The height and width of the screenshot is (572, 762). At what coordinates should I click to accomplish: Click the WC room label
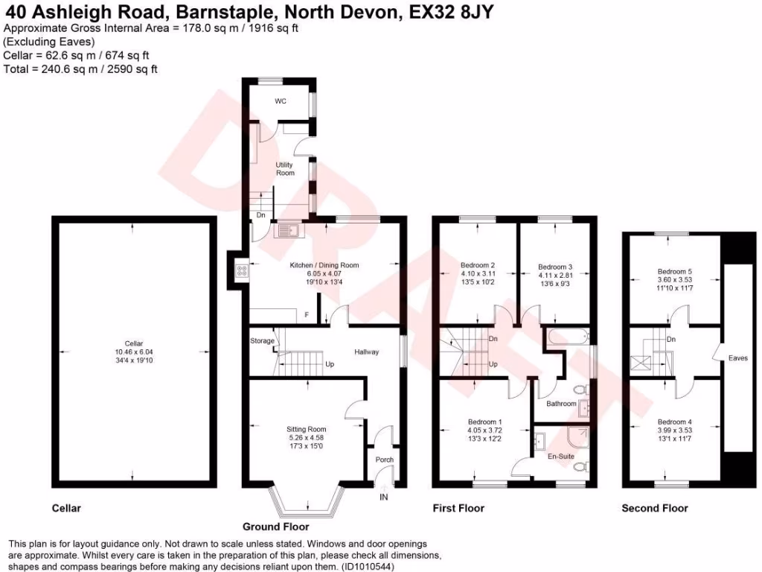point(281,101)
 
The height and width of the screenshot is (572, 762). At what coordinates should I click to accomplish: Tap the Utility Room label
point(285,169)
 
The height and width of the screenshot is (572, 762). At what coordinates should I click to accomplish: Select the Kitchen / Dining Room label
point(324,265)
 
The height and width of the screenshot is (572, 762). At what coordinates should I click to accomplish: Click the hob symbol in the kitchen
point(241,271)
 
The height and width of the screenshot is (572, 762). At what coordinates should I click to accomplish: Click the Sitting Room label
point(307,429)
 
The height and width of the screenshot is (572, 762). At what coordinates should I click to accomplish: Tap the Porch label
point(384,460)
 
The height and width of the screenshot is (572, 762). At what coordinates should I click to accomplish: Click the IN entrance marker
point(384,497)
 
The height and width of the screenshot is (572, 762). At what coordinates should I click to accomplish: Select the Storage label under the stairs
point(262,341)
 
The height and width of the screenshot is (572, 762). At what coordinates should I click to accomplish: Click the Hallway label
point(366,352)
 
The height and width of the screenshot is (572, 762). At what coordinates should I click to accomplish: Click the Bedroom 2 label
point(478,266)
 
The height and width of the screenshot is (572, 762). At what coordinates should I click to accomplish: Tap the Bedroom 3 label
point(555,267)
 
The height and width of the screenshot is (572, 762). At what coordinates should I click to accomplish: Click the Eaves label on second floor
point(737,358)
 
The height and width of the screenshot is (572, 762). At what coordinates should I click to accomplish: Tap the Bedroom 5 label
point(674,272)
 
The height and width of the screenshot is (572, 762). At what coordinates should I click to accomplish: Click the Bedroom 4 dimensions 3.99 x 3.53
point(674,430)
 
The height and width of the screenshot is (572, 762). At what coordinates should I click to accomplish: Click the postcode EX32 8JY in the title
point(453,13)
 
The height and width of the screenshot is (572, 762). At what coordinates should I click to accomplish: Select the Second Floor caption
point(655,508)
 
